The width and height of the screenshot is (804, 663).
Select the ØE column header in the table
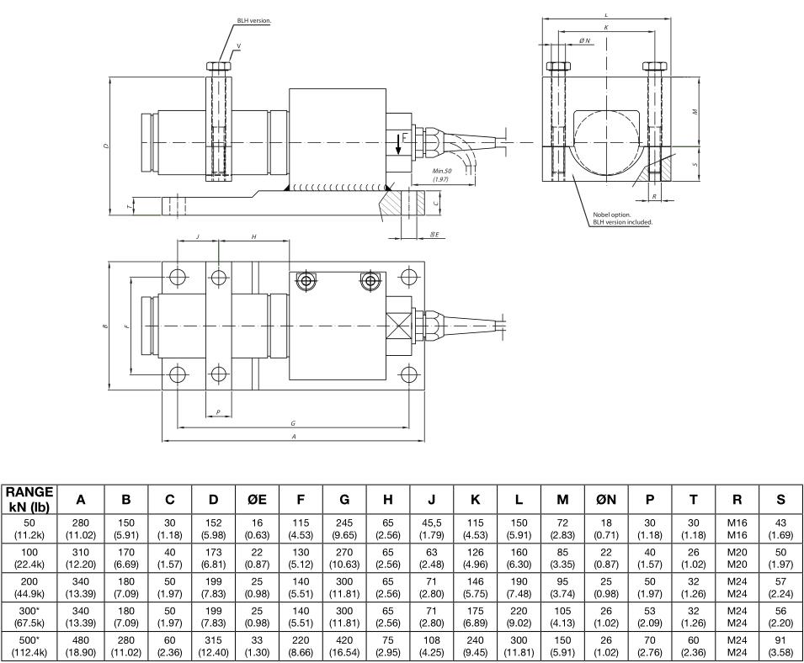[257, 499]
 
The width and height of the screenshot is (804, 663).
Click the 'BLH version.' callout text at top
[253, 20]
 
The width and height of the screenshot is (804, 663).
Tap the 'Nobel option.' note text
[612, 214]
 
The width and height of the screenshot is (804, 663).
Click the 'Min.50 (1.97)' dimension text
[441, 174]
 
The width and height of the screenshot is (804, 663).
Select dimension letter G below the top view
[292, 423]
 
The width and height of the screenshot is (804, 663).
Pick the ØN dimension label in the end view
[584, 40]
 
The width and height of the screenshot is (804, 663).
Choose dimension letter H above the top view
[253, 237]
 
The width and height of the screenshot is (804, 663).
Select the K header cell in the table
[476, 499]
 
